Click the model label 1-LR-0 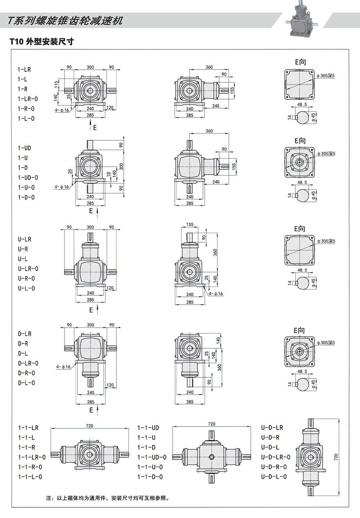coord(28,99)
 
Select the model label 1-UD coord(24,148)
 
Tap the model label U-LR coord(25,239)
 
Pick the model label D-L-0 coord(26,383)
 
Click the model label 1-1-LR coord(28,428)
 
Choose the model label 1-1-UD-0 coord(152,457)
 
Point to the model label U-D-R coord(270,438)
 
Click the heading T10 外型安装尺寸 coord(42,42)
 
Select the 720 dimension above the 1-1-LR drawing coord(89,426)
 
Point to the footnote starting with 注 coord(108,498)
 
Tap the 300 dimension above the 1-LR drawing coord(90,67)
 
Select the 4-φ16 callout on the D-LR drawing coord(63,367)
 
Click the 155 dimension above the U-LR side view coord(190,224)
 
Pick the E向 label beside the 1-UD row coord(300,141)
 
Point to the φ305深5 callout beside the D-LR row coord(326,343)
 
